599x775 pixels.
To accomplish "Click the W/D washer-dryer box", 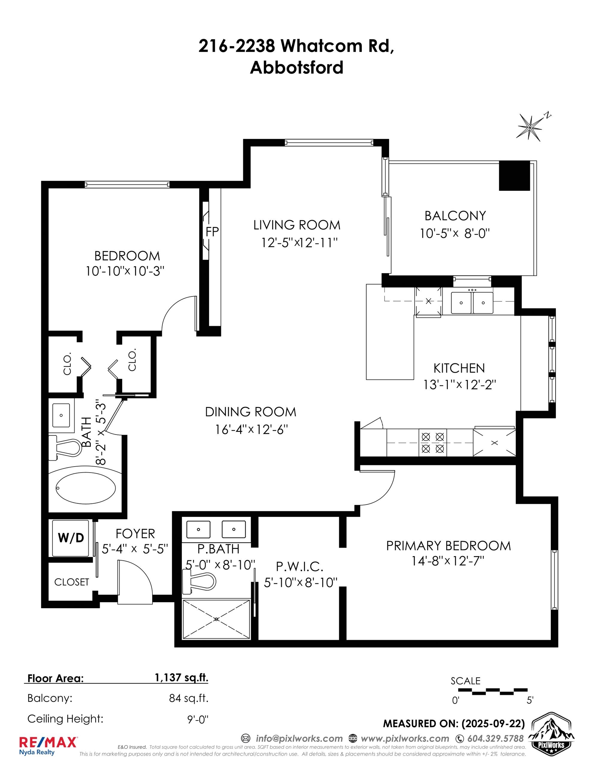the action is click(x=71, y=538).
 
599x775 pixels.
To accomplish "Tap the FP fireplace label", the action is click(x=212, y=232).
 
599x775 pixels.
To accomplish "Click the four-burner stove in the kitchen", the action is click(x=433, y=443).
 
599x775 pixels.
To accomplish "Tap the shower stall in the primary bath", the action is click(x=216, y=619).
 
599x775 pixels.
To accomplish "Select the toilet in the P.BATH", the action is click(x=199, y=581).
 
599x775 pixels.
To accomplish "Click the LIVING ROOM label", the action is click(x=297, y=225).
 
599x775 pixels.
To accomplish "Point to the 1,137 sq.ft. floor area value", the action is click(x=181, y=677).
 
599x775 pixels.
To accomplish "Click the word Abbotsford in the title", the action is click(x=297, y=67).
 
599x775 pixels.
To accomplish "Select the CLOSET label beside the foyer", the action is click(x=71, y=582).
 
